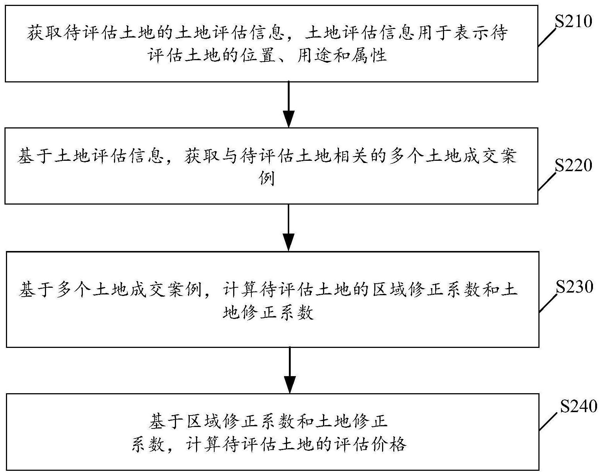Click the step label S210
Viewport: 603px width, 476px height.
point(573,22)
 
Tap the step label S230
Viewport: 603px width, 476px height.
point(574,287)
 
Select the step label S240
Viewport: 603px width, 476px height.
point(578,407)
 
